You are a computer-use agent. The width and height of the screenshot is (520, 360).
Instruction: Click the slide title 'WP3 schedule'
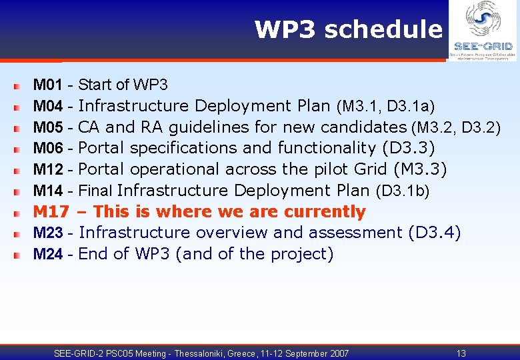click(x=348, y=30)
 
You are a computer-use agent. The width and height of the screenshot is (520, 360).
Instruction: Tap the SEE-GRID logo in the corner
click(x=483, y=31)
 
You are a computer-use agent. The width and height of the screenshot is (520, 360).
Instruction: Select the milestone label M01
click(x=48, y=85)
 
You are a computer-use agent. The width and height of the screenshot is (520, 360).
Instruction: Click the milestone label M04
click(x=48, y=106)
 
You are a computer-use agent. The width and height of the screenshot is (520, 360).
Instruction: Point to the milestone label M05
click(x=48, y=127)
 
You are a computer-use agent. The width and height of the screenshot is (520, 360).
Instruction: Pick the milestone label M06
click(x=48, y=148)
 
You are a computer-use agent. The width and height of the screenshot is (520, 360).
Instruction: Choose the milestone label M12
click(x=48, y=169)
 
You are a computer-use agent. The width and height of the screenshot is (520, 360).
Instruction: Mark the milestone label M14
click(x=48, y=191)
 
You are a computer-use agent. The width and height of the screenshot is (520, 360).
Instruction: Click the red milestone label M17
click(x=51, y=212)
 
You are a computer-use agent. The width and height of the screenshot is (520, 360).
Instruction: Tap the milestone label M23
click(x=48, y=233)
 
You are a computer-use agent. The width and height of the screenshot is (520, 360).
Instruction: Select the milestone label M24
click(x=48, y=254)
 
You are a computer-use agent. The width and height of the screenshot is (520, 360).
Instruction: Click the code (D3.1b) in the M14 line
click(x=403, y=191)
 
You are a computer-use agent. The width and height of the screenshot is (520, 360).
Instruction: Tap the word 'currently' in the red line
click(x=325, y=212)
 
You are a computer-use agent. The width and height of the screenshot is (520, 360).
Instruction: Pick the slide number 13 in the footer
click(x=461, y=353)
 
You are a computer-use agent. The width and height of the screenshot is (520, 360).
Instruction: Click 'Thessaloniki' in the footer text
click(x=204, y=353)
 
